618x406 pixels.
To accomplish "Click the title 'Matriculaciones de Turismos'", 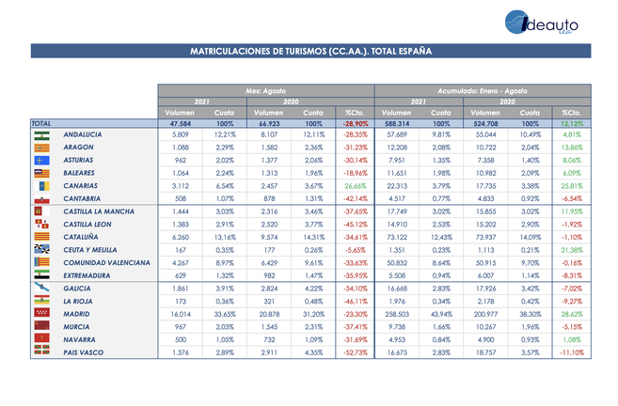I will (310, 52).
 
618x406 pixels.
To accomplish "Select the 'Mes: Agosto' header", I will (265, 90).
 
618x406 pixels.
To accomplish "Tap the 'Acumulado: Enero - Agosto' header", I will (483, 90).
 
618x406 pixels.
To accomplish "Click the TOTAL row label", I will (41, 123).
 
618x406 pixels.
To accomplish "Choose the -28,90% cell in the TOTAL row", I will (355, 123).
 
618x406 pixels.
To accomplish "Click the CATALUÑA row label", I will (83, 237).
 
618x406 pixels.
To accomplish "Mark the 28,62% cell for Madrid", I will (571, 311).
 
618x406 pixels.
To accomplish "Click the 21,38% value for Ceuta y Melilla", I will (571, 249).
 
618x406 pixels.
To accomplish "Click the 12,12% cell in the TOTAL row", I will (571, 123).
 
